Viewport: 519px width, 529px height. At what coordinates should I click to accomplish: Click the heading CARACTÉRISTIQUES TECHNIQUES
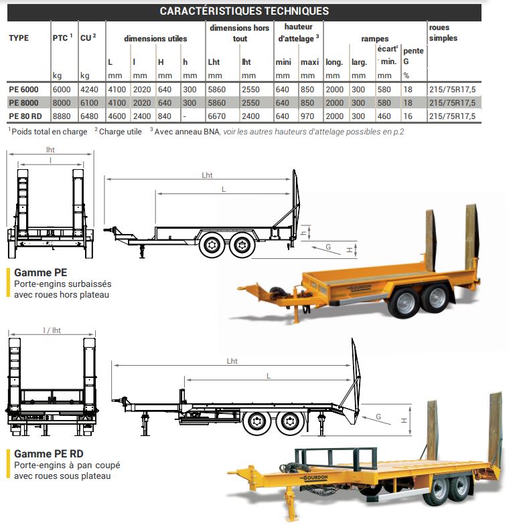click(244, 11)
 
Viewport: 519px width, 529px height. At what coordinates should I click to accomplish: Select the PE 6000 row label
click(23, 90)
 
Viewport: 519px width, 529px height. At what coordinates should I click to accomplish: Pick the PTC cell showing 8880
click(60, 116)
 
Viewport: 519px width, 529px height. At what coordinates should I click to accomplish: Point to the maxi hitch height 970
click(309, 116)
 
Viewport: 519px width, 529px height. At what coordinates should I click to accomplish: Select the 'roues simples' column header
click(443, 33)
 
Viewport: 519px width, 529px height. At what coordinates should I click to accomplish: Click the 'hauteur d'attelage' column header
click(298, 33)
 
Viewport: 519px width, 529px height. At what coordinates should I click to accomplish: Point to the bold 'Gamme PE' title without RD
click(40, 273)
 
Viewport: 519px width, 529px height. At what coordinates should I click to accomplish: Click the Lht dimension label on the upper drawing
click(207, 175)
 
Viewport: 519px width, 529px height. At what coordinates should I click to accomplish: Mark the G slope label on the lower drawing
click(378, 417)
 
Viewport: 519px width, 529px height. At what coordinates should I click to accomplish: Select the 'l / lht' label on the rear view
click(51, 330)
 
